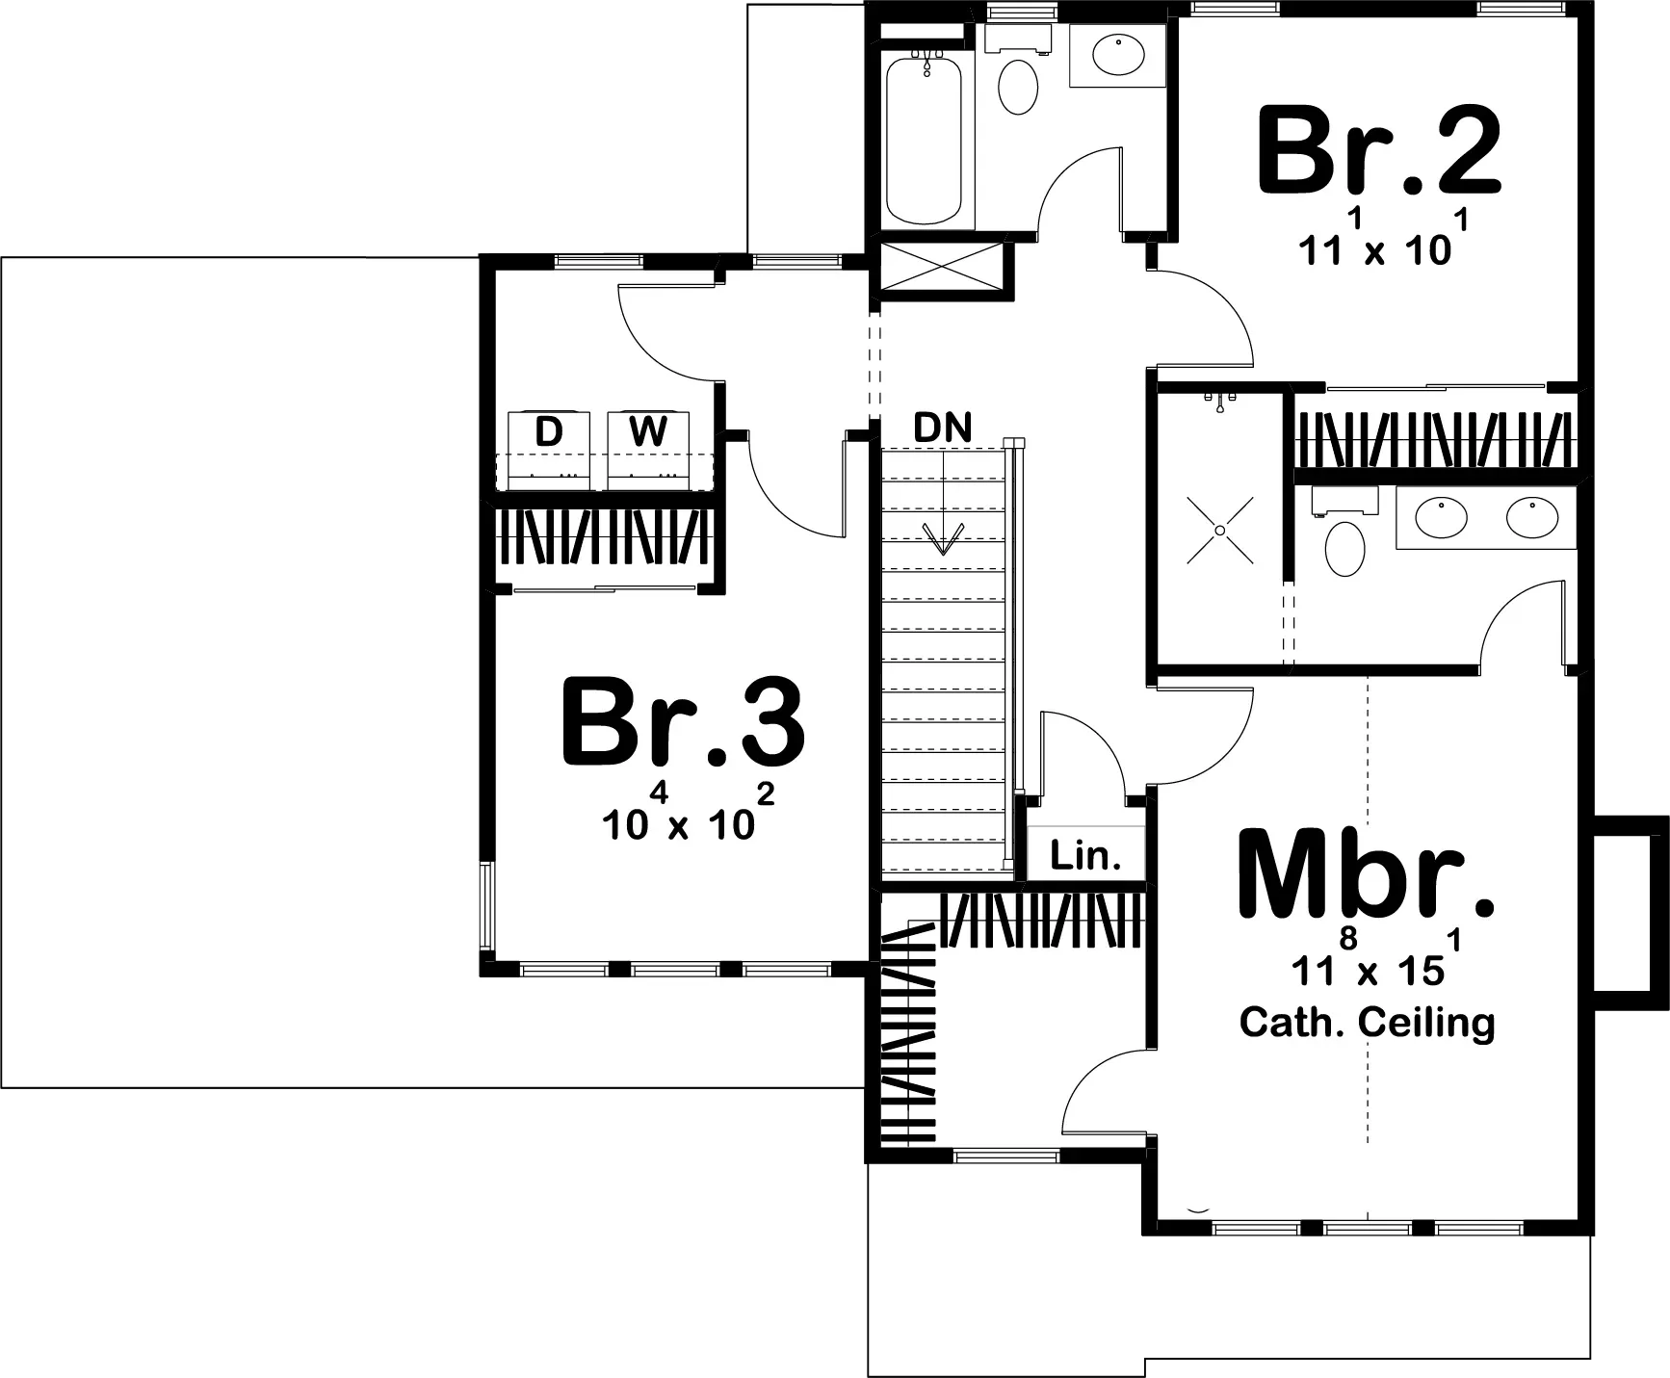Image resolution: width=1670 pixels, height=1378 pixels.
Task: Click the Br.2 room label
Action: pos(1379,151)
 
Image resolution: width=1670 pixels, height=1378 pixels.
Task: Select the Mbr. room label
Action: pos(1366,872)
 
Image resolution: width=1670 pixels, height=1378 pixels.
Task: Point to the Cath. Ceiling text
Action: pos(1368,1022)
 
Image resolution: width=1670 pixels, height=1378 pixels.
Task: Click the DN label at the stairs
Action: pos(943,428)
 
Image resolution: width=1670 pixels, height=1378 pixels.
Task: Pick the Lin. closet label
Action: pos(1086,855)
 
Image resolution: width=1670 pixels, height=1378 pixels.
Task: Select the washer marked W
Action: pos(648,450)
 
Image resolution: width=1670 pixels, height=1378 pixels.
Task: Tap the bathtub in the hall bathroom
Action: pos(924,142)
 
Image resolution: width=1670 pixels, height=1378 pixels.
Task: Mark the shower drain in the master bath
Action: pos(1219,531)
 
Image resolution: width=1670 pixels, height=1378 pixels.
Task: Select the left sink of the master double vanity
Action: pos(1442,517)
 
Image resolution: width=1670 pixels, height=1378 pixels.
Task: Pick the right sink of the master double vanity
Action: pos(1532,517)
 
